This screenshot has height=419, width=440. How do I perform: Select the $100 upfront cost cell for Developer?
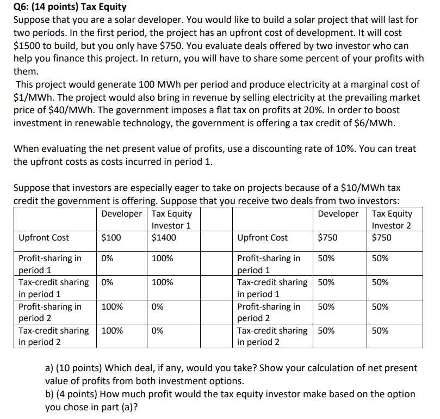tap(111, 238)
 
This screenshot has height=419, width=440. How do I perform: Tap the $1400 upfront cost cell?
tap(164, 238)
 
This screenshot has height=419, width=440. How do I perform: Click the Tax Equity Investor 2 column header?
tap(392, 219)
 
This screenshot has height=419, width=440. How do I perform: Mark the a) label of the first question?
tap(50, 368)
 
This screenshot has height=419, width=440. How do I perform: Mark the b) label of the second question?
tap(50, 394)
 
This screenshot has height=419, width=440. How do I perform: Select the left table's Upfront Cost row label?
tap(44, 238)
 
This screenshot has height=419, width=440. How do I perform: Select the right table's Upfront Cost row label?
tap(263, 238)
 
